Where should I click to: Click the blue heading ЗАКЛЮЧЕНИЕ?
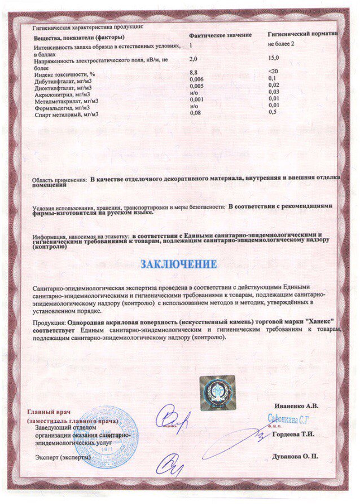(178, 264)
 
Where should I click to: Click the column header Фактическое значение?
(220, 35)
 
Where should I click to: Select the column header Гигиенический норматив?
(302, 34)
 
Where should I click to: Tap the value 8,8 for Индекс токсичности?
(194, 73)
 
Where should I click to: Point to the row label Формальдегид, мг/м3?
(62, 106)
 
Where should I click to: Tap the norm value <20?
(273, 72)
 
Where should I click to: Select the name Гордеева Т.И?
(293, 435)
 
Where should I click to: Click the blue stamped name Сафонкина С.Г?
(289, 419)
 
